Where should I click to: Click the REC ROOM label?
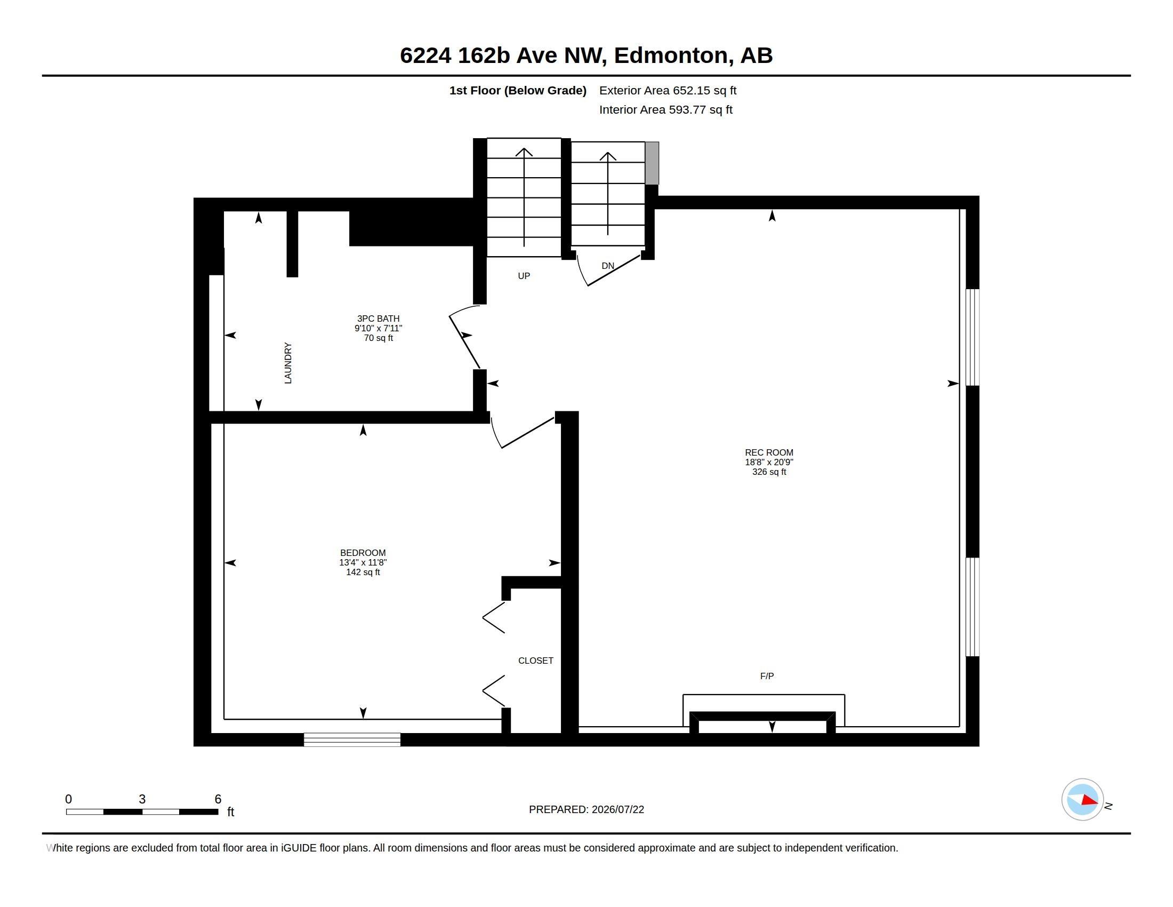coord(768,452)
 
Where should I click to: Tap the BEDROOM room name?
coord(363,552)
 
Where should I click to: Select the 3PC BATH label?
coord(378,318)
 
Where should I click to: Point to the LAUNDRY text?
coord(288,363)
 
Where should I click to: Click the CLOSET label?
coord(535,661)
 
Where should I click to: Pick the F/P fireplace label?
coord(767,676)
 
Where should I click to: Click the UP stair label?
coord(524,276)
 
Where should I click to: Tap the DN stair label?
coord(607,266)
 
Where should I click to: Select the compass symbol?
coord(1082,800)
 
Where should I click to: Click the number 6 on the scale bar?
coord(218,799)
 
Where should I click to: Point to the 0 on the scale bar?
coord(68,799)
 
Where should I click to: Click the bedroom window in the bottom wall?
coord(352,739)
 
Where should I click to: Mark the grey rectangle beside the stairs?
coord(652,163)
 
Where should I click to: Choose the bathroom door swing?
coord(464,336)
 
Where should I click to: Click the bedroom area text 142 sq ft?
coord(363,572)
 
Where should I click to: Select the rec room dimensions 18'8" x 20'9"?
coord(768,462)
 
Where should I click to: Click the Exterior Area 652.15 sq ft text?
coord(668,90)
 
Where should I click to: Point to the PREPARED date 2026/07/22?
coord(617,809)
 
